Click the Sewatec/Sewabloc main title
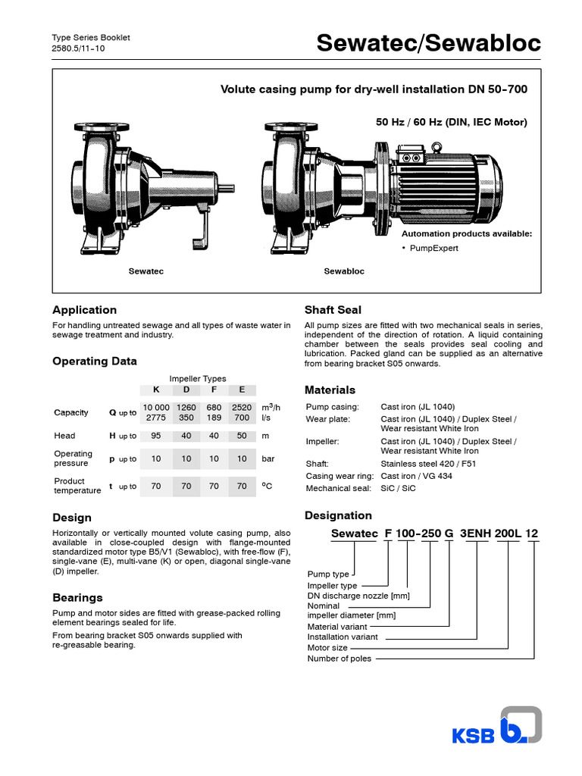point(428,44)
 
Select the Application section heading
point(84,310)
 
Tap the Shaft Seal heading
point(333,310)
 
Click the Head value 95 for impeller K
point(156,436)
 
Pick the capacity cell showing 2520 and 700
point(242,412)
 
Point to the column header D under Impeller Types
point(186,390)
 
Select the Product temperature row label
point(77,486)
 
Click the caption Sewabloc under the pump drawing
point(344,271)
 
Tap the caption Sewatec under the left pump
point(146,271)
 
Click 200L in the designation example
point(508,533)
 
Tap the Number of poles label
point(339,659)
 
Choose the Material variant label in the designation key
point(336,627)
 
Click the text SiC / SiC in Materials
point(398,489)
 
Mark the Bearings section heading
point(77,598)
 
